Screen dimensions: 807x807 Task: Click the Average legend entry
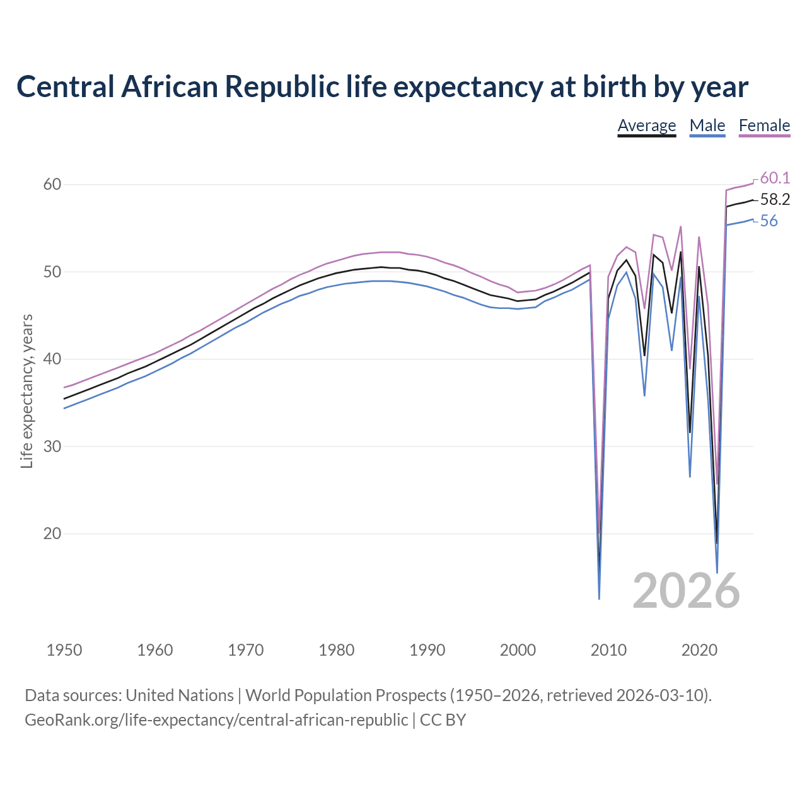(646, 125)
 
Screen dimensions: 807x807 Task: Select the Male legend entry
(707, 125)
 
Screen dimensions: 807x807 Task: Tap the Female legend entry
(764, 125)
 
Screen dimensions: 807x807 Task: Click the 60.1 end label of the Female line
(775, 178)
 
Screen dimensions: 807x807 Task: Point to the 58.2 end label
(775, 200)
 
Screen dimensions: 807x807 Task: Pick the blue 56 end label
(769, 221)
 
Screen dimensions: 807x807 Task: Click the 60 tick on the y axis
(52, 185)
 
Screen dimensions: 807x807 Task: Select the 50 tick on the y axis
(52, 272)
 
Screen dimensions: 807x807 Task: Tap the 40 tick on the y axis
(52, 359)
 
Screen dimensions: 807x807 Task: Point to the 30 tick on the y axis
(52, 446)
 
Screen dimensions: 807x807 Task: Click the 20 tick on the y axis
(52, 533)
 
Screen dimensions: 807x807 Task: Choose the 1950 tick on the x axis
(64, 650)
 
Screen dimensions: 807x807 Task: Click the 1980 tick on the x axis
(336, 650)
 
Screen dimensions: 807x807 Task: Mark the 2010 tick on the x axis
(608, 650)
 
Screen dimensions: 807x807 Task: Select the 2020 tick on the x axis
(699, 650)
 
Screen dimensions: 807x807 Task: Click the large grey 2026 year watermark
(686, 591)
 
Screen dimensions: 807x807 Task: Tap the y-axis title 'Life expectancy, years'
(26, 392)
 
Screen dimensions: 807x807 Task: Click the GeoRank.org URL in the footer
(216, 720)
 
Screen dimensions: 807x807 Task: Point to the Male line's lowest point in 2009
(599, 598)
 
